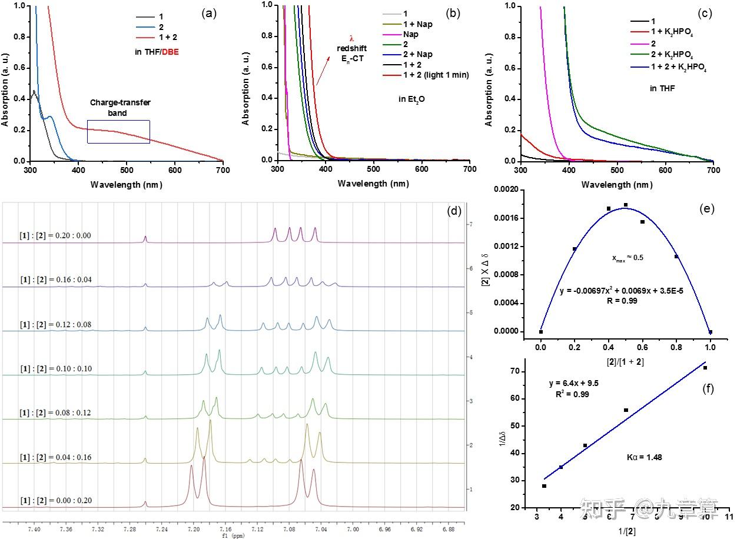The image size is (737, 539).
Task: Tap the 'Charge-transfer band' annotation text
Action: (x=120, y=108)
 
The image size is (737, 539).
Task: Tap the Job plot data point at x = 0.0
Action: (x=541, y=332)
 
